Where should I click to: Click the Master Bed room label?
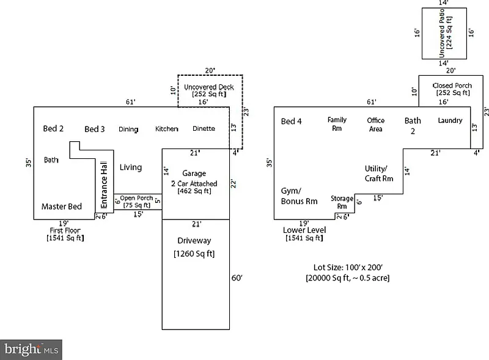61,207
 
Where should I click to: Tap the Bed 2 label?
53,128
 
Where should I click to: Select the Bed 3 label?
95,129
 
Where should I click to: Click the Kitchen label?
166,129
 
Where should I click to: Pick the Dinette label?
204,129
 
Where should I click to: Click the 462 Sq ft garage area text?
195,191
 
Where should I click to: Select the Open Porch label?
136,198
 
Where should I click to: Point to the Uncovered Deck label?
209,87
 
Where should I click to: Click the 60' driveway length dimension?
237,278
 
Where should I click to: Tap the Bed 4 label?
291,121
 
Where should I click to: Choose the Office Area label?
375,125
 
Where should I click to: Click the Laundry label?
450,121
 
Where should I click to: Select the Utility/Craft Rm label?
379,173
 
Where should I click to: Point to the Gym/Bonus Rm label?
299,196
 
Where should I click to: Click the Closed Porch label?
452,86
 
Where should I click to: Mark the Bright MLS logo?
31,350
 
